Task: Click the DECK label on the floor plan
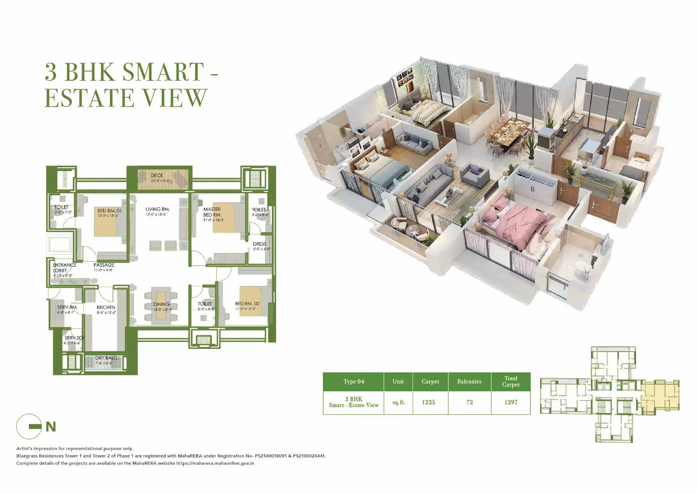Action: [x=157, y=176]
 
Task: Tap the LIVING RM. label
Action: [x=158, y=210]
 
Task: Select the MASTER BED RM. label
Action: [x=212, y=212]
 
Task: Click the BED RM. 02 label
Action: [x=247, y=304]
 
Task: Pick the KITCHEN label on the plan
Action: [x=106, y=307]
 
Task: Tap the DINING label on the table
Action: [x=161, y=304]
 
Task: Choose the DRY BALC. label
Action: [x=106, y=358]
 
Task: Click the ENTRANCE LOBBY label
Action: [x=64, y=268]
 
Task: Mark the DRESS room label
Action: [x=259, y=244]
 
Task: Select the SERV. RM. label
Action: [x=68, y=307]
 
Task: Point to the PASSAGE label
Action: [x=104, y=265]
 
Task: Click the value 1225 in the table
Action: [x=428, y=402]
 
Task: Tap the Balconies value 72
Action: [x=469, y=402]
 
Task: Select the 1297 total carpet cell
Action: [x=511, y=402]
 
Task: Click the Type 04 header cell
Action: [x=354, y=381]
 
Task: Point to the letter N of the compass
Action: [x=51, y=427]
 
